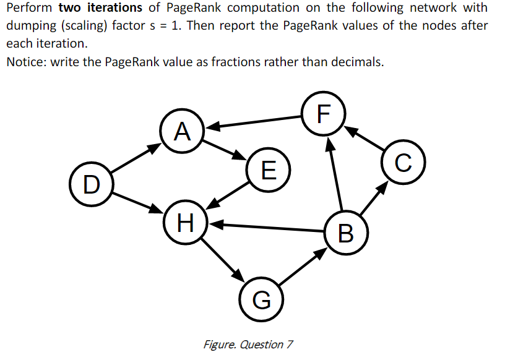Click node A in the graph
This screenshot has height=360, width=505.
click(x=181, y=131)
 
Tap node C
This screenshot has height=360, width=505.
click(x=402, y=163)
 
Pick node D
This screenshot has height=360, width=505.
click(x=91, y=184)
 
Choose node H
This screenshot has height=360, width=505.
click(x=185, y=220)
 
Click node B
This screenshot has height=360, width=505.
click(x=347, y=233)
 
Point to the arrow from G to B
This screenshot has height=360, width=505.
click(x=304, y=267)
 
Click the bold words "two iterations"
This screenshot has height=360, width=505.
click(x=100, y=9)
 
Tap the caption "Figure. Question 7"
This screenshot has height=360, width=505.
click(x=248, y=344)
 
